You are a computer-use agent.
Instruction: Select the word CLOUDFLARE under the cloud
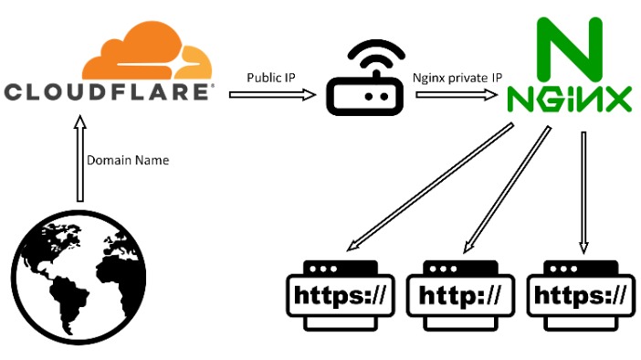pos(109,91)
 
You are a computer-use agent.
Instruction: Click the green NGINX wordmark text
pos(569,98)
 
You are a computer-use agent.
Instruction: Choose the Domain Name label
pos(128,161)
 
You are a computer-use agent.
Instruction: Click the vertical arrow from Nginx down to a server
pos(583,192)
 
